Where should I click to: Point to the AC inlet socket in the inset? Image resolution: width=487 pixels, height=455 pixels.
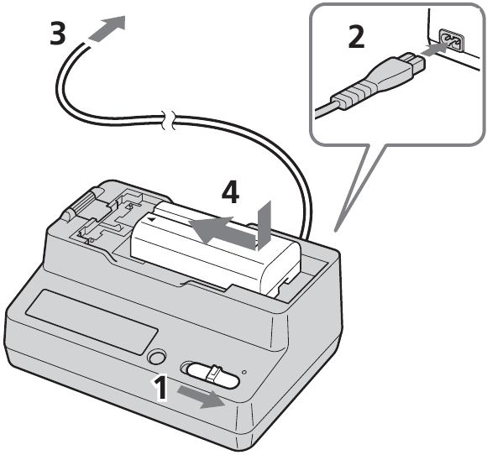coord(448,39)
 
